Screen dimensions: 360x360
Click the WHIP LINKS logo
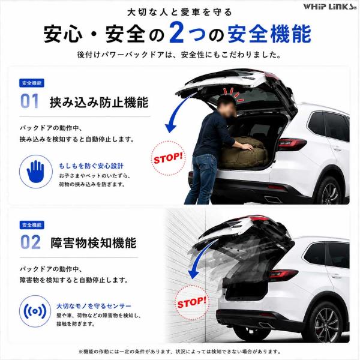[x=330, y=7]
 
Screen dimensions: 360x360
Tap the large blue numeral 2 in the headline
[x=177, y=32]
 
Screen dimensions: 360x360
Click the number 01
[x=29, y=101]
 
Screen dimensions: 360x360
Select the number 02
[x=31, y=242]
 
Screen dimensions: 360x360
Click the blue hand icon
[x=35, y=172]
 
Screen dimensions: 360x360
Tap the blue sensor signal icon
[x=35, y=311]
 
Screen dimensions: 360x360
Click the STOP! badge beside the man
[x=168, y=158]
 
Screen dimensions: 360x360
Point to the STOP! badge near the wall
[x=192, y=303]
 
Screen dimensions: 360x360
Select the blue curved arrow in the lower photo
[x=199, y=257]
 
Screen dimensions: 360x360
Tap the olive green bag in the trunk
[x=244, y=152]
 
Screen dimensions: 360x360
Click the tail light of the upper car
[x=292, y=144]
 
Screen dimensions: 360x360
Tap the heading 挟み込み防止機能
[x=99, y=102]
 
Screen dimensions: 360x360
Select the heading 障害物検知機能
[x=93, y=243]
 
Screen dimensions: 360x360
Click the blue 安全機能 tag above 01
[x=32, y=83]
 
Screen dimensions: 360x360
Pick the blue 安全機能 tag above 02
[x=32, y=225]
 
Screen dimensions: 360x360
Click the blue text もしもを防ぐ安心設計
[x=91, y=166]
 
